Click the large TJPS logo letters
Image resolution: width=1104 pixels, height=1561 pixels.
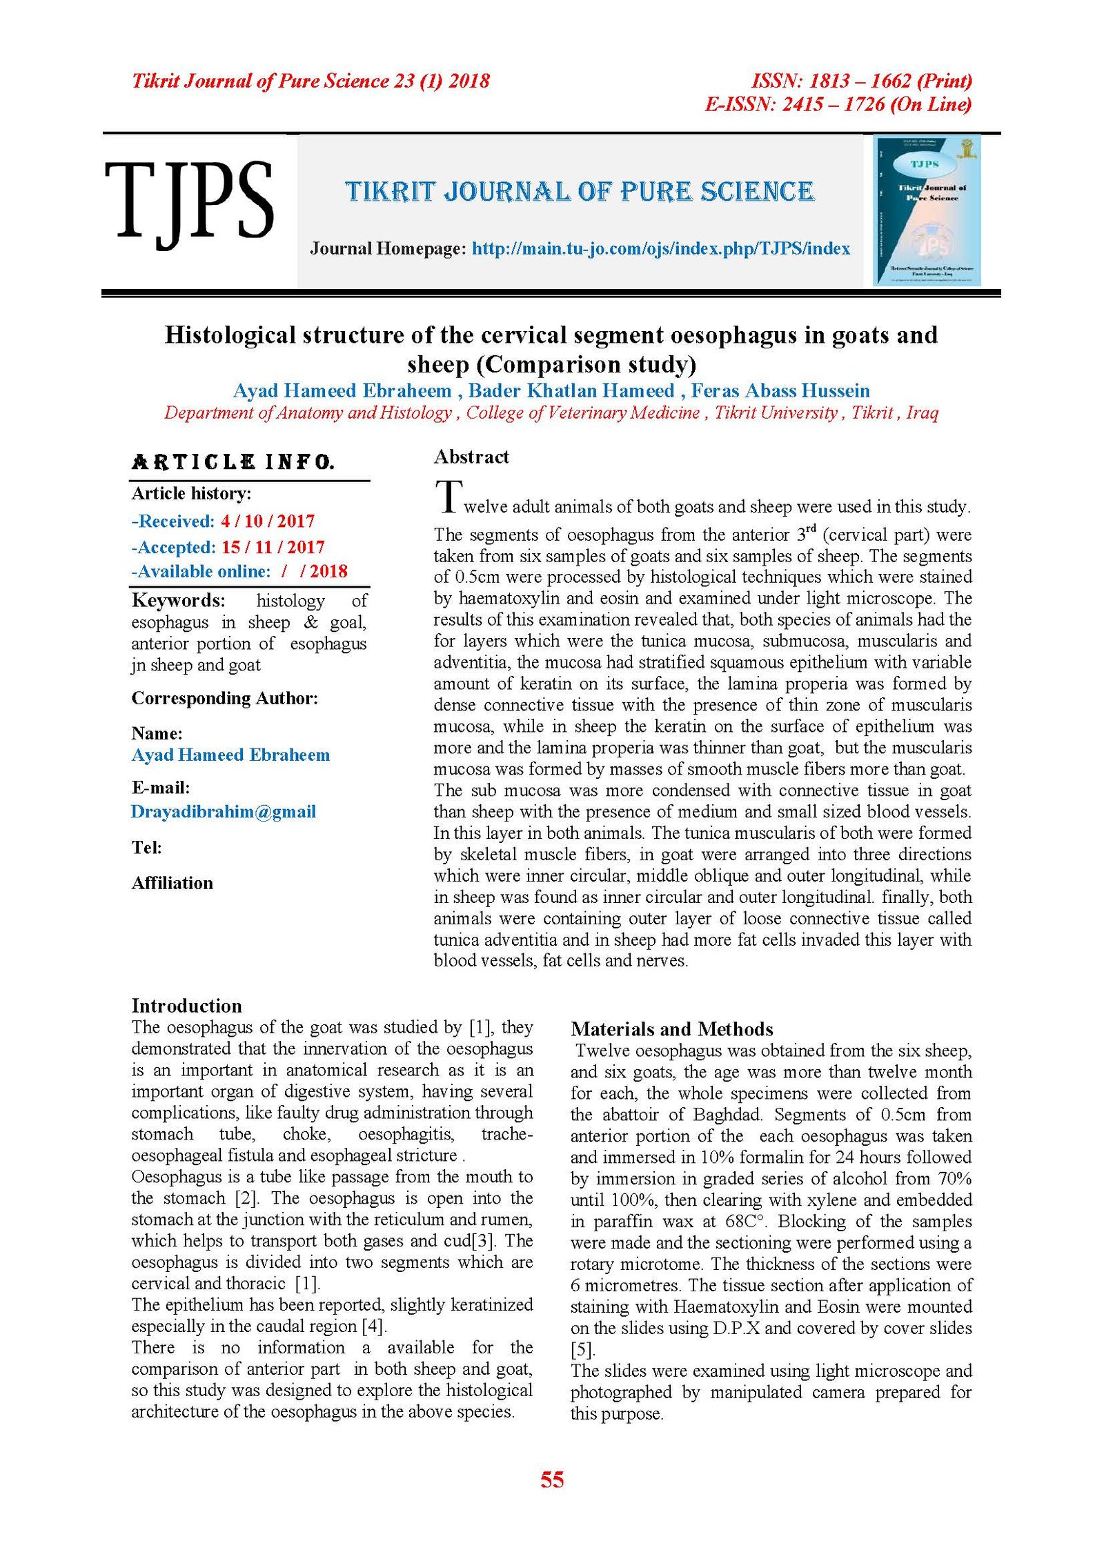point(189,201)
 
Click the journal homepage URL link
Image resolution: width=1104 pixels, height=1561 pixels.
point(660,248)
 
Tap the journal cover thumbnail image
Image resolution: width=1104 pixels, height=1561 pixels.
point(927,210)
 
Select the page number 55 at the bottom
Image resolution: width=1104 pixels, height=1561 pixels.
point(552,1479)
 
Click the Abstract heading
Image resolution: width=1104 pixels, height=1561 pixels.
point(471,457)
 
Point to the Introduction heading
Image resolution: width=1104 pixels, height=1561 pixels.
point(187,1005)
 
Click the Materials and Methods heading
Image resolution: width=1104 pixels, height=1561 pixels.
point(671,1029)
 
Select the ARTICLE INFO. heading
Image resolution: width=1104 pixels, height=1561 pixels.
point(233,461)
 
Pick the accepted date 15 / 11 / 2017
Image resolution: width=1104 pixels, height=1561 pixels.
point(273,547)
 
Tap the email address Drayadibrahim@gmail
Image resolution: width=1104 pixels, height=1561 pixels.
point(224,811)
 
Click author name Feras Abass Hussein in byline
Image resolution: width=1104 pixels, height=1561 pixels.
point(780,390)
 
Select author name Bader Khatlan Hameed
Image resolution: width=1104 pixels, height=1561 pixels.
point(571,390)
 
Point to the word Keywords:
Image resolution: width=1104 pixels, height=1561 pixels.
point(178,600)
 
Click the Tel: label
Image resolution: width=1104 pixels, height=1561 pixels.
point(147,847)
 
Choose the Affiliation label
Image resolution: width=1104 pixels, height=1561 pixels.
point(172,883)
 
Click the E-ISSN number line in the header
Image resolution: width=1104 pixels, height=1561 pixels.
point(838,104)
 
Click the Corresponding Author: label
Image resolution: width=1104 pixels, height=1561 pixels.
point(225,698)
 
